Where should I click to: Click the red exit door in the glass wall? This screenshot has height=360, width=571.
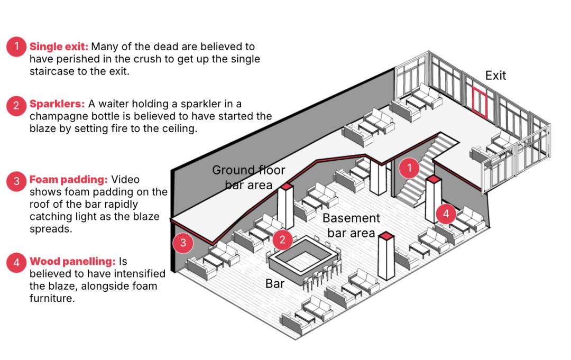click(x=480, y=102)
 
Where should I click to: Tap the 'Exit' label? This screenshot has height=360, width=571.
click(x=495, y=76)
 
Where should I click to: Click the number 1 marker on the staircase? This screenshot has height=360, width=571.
click(x=409, y=169)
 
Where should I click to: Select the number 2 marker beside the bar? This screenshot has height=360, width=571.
click(x=283, y=239)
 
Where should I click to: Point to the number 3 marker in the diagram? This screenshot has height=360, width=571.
click(x=183, y=243)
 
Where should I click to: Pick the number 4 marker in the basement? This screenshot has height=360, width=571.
click(x=446, y=214)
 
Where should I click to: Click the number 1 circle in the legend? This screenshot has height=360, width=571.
click(x=16, y=47)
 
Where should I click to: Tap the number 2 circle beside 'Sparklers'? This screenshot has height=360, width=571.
click(x=16, y=105)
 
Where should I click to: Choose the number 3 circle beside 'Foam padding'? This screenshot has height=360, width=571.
click(x=16, y=181)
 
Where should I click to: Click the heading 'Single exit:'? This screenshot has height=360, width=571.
click(x=59, y=47)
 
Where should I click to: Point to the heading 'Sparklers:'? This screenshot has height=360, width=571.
click(x=57, y=104)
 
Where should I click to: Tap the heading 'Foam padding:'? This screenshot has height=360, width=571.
click(x=69, y=180)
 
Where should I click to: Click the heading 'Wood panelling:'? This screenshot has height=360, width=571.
click(x=72, y=261)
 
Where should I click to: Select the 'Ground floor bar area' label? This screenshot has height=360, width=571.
click(x=248, y=177)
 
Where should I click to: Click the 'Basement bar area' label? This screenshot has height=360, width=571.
click(x=351, y=225)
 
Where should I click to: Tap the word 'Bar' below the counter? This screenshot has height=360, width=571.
click(x=275, y=284)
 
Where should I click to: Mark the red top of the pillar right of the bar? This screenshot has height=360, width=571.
click(x=386, y=236)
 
